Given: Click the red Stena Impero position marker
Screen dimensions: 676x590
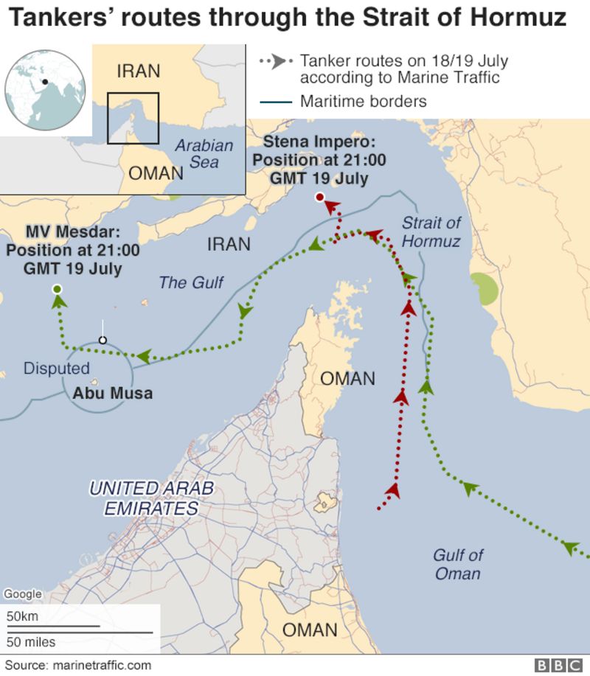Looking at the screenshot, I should [319, 197].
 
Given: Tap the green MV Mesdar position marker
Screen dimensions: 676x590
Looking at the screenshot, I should [58, 290].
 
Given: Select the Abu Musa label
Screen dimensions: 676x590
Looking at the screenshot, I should [112, 393].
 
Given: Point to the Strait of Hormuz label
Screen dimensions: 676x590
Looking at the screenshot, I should [431, 231].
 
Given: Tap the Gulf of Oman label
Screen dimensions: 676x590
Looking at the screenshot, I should [458, 564].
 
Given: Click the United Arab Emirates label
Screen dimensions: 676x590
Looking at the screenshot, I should [151, 498].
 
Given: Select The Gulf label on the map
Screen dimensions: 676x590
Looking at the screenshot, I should [191, 282].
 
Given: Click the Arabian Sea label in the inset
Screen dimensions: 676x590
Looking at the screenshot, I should [204, 153].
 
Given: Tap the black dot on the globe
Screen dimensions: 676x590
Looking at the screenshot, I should [45, 82].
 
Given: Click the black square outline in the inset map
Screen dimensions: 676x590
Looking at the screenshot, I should [133, 118].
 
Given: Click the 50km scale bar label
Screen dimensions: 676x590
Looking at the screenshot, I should [22, 616].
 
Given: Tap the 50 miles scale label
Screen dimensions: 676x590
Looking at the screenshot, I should [31, 642].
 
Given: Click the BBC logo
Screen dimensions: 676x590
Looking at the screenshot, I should [558, 666].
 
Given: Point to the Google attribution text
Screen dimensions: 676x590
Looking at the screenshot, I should [22, 594].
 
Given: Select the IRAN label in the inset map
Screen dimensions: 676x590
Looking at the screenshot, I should [138, 71].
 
